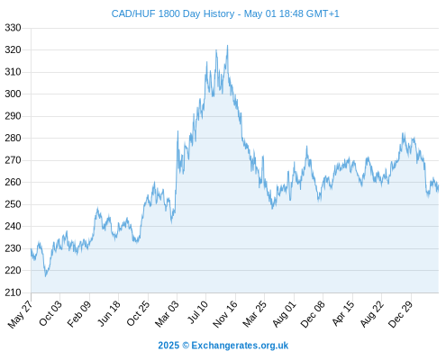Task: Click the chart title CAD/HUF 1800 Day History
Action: click(173, 13)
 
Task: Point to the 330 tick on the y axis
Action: click(13, 28)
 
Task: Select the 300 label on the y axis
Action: click(13, 94)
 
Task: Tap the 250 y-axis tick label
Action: click(13, 204)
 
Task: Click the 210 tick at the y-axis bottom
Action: click(13, 292)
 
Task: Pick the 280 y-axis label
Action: click(13, 138)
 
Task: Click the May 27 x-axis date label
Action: click(21, 314)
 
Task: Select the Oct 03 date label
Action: click(50, 313)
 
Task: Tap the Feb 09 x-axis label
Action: click(79, 313)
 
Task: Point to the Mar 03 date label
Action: click(167, 313)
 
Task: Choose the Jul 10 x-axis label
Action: click(197, 312)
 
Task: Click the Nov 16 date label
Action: click(225, 314)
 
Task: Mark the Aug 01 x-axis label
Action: click(284, 313)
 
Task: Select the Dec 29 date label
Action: click(401, 313)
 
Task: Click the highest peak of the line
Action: click(227, 46)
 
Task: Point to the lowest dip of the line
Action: click(46, 276)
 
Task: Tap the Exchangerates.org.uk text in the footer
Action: click(240, 346)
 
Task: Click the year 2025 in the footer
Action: click(168, 346)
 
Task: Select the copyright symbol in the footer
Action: click(186, 346)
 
